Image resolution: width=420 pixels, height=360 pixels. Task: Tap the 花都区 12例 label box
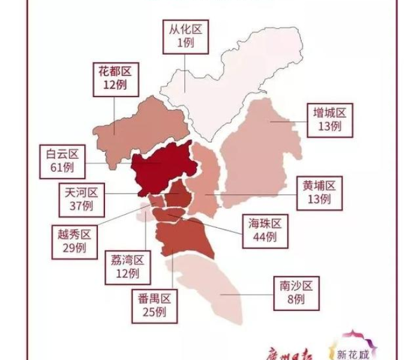[115, 78]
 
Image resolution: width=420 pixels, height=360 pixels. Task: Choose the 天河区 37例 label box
[81, 199]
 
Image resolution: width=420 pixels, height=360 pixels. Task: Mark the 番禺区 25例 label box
[154, 304]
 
